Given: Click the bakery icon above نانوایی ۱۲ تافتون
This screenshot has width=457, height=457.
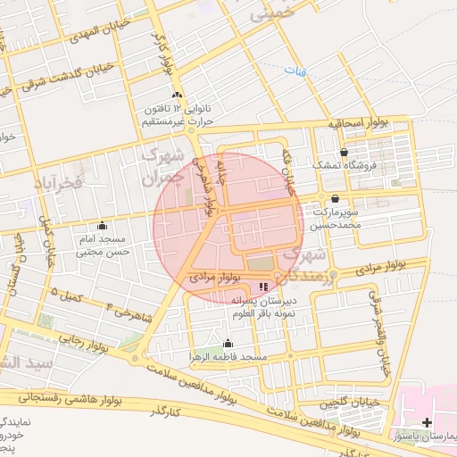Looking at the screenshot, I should click(x=177, y=96).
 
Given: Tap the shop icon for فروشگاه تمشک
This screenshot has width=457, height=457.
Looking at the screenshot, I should click(x=344, y=152).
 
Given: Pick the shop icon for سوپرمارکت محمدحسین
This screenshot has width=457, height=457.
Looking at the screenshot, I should click(x=335, y=198).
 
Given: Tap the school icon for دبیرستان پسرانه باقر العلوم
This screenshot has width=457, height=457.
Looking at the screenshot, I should click(x=262, y=287).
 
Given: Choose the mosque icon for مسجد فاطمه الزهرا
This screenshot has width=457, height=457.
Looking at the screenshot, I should click(x=228, y=344).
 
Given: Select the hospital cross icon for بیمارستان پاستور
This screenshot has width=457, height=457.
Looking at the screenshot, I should click(x=427, y=421).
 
